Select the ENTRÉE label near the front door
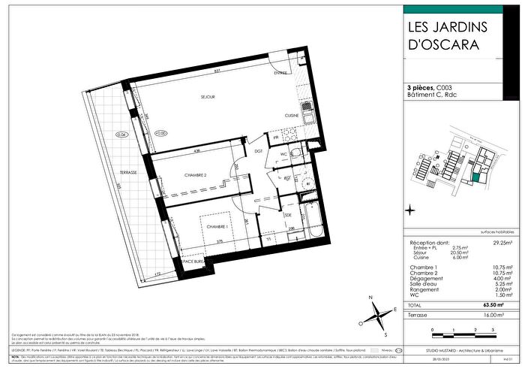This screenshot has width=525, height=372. click(x=280, y=73)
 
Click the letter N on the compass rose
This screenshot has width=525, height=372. click(x=371, y=298)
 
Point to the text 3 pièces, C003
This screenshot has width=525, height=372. click(x=433, y=88)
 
